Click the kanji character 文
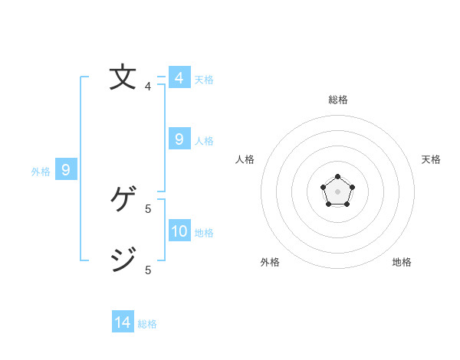click(123, 77)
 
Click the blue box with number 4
click(179, 78)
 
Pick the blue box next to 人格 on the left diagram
click(179, 139)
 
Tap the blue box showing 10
click(179, 231)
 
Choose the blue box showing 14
click(123, 322)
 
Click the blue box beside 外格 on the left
click(66, 170)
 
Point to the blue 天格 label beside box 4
click(204, 80)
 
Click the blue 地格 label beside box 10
click(204, 233)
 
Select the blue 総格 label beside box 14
click(147, 324)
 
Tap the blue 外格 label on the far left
click(41, 172)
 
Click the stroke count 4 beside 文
click(148, 87)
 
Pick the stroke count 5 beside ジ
click(148, 270)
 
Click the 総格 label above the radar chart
click(337, 100)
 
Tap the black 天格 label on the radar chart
click(432, 159)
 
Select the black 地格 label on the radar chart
click(402, 262)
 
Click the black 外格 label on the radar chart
click(270, 262)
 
